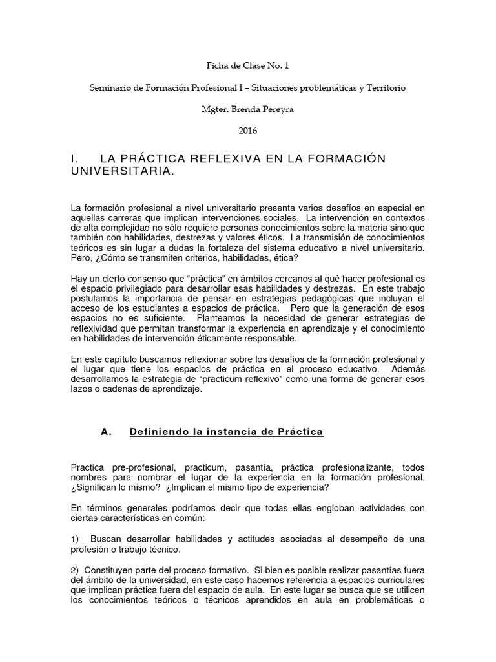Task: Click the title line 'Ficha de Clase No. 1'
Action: [x=247, y=65]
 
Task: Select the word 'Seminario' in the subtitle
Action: [x=108, y=87]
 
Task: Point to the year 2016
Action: [x=247, y=131]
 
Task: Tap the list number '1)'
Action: [x=76, y=539]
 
